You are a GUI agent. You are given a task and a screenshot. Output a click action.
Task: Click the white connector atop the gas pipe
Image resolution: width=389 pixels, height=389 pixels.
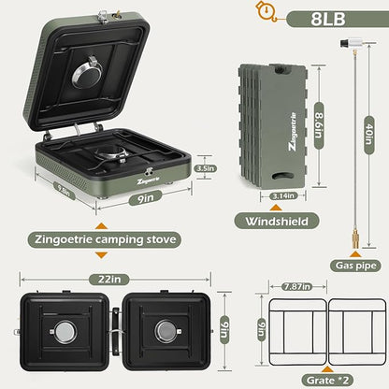(354, 43)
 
